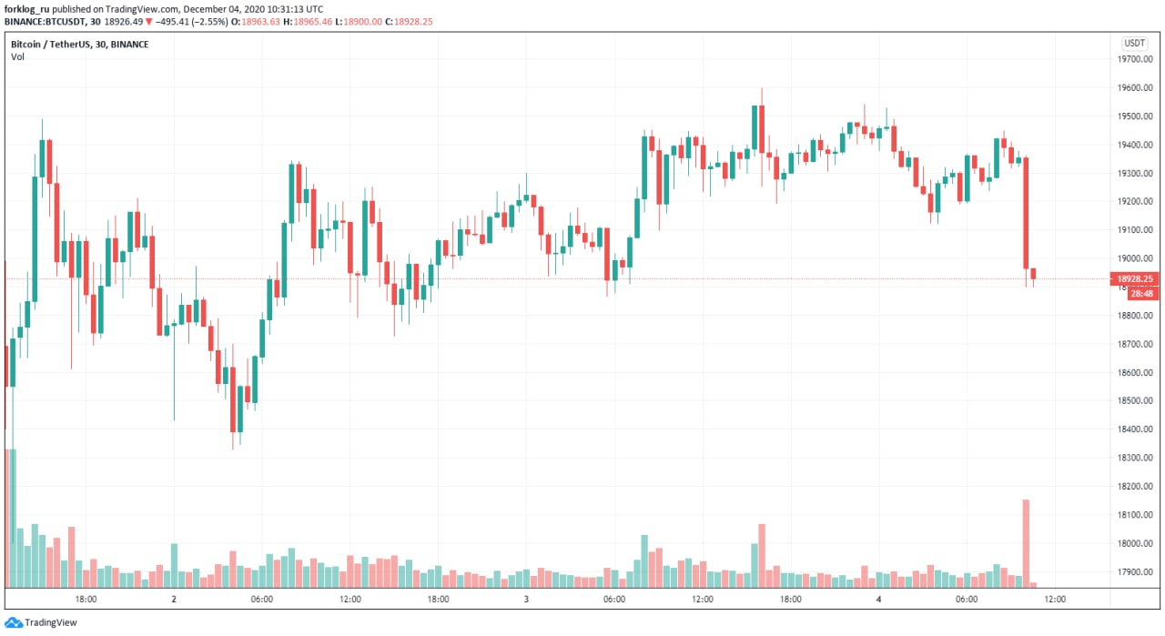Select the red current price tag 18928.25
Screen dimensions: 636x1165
pos(1135,279)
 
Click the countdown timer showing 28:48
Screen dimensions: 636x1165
pos(1141,294)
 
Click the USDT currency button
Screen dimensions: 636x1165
pos(1134,43)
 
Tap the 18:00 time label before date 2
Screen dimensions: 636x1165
pos(86,600)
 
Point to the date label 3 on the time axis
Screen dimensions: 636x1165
pos(526,600)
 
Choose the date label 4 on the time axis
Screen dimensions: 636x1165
pos(878,600)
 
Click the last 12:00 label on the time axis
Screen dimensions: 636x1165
pos(1054,600)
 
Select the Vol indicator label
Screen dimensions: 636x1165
pos(17,56)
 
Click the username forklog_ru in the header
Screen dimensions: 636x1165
pos(25,9)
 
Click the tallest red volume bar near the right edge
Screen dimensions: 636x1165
pos(1026,542)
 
